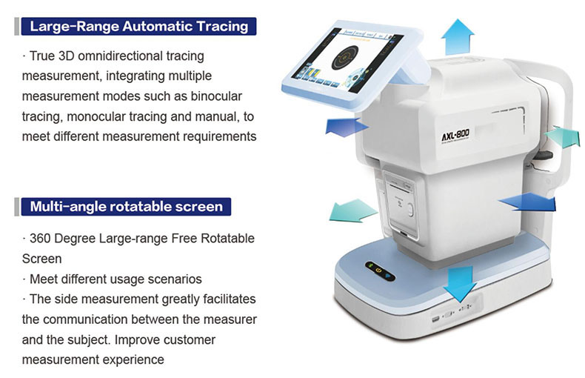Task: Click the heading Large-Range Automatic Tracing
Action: pos(138,27)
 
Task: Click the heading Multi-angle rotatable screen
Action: pos(126,207)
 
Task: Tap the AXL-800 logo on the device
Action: pos(455,136)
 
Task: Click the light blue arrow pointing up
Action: pos(458,37)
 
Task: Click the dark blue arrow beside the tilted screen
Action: pos(347,127)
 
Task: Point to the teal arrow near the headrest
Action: pos(563,137)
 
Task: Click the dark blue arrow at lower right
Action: pos(528,203)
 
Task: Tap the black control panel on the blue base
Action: pos(380,271)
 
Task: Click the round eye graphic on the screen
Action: pos(345,58)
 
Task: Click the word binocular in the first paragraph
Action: pos(216,96)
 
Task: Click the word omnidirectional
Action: pos(120,56)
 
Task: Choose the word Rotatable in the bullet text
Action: pos(227,239)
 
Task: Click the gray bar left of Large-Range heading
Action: pos(16,27)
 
